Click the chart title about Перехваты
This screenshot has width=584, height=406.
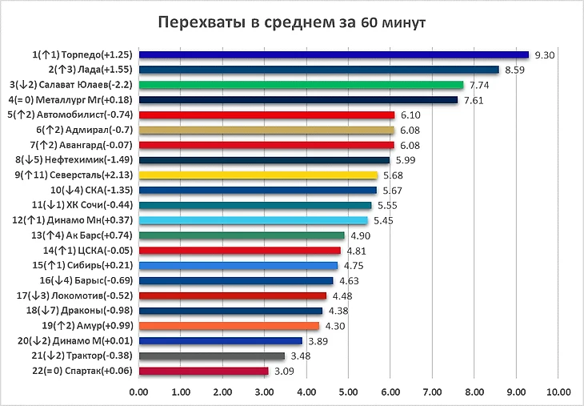click(x=291, y=22)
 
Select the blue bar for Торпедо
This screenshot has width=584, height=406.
click(x=334, y=54)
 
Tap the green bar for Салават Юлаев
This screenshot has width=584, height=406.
click(x=301, y=84)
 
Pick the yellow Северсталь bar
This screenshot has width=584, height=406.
click(x=258, y=175)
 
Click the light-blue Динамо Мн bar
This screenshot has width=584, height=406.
click(x=253, y=220)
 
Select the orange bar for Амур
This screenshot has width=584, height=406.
click(x=229, y=326)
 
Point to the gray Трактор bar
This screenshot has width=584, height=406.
click(x=211, y=356)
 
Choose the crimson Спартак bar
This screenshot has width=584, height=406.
click(x=203, y=371)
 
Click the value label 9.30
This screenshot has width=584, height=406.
click(x=545, y=55)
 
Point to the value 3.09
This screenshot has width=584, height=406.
click(x=284, y=372)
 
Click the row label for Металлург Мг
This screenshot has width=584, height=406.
click(x=70, y=99)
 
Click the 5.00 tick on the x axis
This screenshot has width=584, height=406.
click(x=348, y=392)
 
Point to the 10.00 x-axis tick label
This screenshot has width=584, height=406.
click(x=558, y=392)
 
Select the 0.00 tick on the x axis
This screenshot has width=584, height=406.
click(x=138, y=392)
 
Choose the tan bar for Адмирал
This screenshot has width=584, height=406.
click(x=266, y=130)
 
